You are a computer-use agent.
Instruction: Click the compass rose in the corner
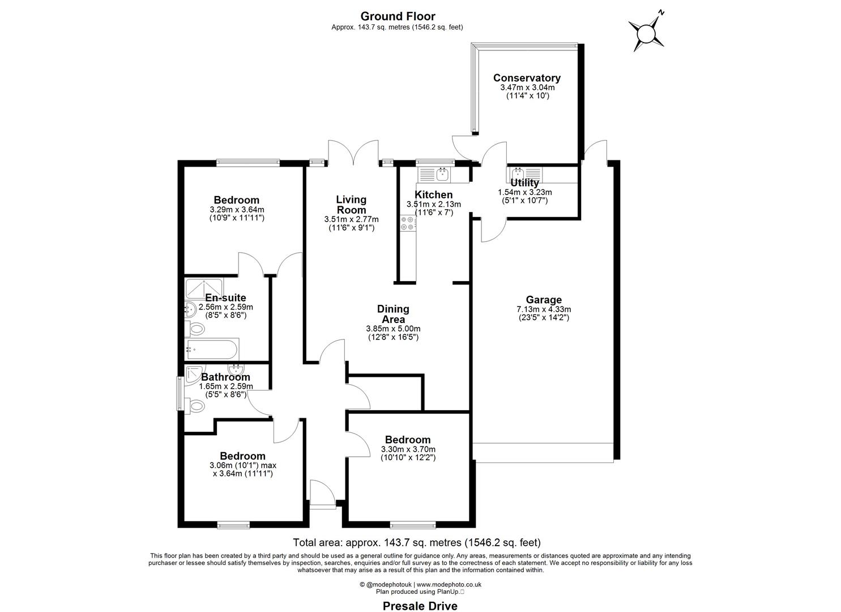[646, 32]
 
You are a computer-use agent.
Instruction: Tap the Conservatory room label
[526, 78]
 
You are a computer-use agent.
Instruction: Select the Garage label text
[543, 300]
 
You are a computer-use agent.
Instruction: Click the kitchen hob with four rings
[407, 223]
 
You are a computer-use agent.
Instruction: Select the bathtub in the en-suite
[210, 349]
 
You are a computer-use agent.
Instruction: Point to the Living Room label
[351, 205]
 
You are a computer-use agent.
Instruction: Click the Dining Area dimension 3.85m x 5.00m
[393, 329]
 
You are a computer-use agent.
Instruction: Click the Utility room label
[524, 183]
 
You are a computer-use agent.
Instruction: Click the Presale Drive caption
[420, 606]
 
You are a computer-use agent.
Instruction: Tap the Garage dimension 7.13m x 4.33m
[543, 309]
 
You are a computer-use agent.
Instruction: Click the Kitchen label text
[433, 195]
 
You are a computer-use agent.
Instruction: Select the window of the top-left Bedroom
[248, 163]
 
